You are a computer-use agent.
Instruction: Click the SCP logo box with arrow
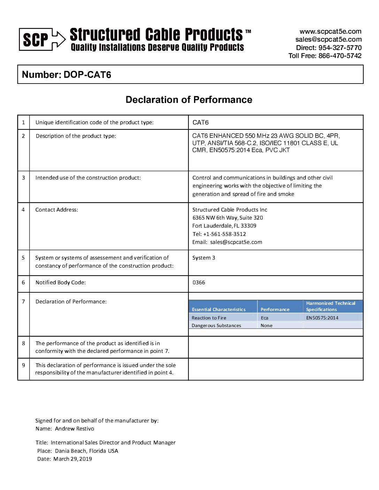coord(42,39)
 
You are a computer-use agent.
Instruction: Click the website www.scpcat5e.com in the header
coord(330,31)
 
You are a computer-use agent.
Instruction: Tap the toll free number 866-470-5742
coord(340,56)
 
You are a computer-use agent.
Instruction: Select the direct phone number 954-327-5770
coord(340,48)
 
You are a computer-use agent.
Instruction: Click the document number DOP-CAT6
coord(87,75)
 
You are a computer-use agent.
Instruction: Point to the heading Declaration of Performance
coord(189,100)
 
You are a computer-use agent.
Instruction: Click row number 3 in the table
coord(23,178)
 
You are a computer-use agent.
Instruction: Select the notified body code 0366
coord(199,283)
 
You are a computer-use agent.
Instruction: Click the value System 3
coord(204,258)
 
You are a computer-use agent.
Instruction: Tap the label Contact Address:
coord(57,210)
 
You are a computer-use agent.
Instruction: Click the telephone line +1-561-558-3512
coord(224,234)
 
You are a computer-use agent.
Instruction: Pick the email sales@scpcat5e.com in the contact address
coord(236,242)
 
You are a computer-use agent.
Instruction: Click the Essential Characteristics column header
coord(219,309)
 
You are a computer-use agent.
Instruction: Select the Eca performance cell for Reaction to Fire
coord(265,318)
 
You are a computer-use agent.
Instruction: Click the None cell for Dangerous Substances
coord(266,326)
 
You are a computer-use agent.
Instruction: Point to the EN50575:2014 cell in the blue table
coord(322,318)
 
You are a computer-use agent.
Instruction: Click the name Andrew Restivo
coord(75,429)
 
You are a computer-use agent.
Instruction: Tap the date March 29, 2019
coord(72,459)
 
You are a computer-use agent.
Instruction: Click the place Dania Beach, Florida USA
coord(86,451)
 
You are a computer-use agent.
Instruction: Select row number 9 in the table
coord(23,365)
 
